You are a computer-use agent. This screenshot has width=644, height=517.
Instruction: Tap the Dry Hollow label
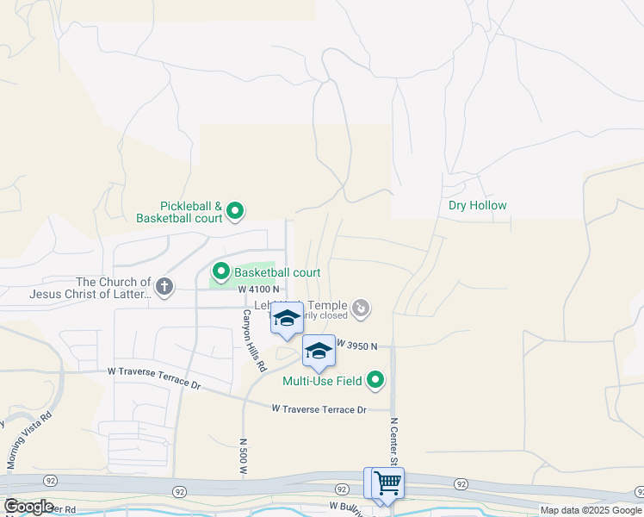(x=477, y=205)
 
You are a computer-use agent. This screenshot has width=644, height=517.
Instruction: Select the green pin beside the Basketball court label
(x=220, y=272)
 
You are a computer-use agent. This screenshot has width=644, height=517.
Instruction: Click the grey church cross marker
(x=164, y=285)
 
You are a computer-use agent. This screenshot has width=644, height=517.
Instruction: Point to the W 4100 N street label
(x=259, y=290)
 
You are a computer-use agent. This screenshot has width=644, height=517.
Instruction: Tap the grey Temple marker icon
(x=362, y=307)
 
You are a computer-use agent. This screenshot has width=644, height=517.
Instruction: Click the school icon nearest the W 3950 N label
(x=319, y=350)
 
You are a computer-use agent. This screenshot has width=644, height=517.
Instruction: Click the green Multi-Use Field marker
(x=375, y=379)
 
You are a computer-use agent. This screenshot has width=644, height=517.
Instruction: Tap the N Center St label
(x=394, y=443)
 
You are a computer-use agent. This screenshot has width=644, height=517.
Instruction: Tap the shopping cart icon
(x=387, y=483)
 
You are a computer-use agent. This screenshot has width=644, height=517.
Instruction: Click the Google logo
(x=28, y=507)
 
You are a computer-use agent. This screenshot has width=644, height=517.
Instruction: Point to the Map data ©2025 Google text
(x=590, y=510)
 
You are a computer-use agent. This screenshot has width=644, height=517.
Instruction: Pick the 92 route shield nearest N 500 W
(x=179, y=491)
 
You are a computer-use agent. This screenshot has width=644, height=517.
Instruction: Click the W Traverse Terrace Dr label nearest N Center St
(x=319, y=409)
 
